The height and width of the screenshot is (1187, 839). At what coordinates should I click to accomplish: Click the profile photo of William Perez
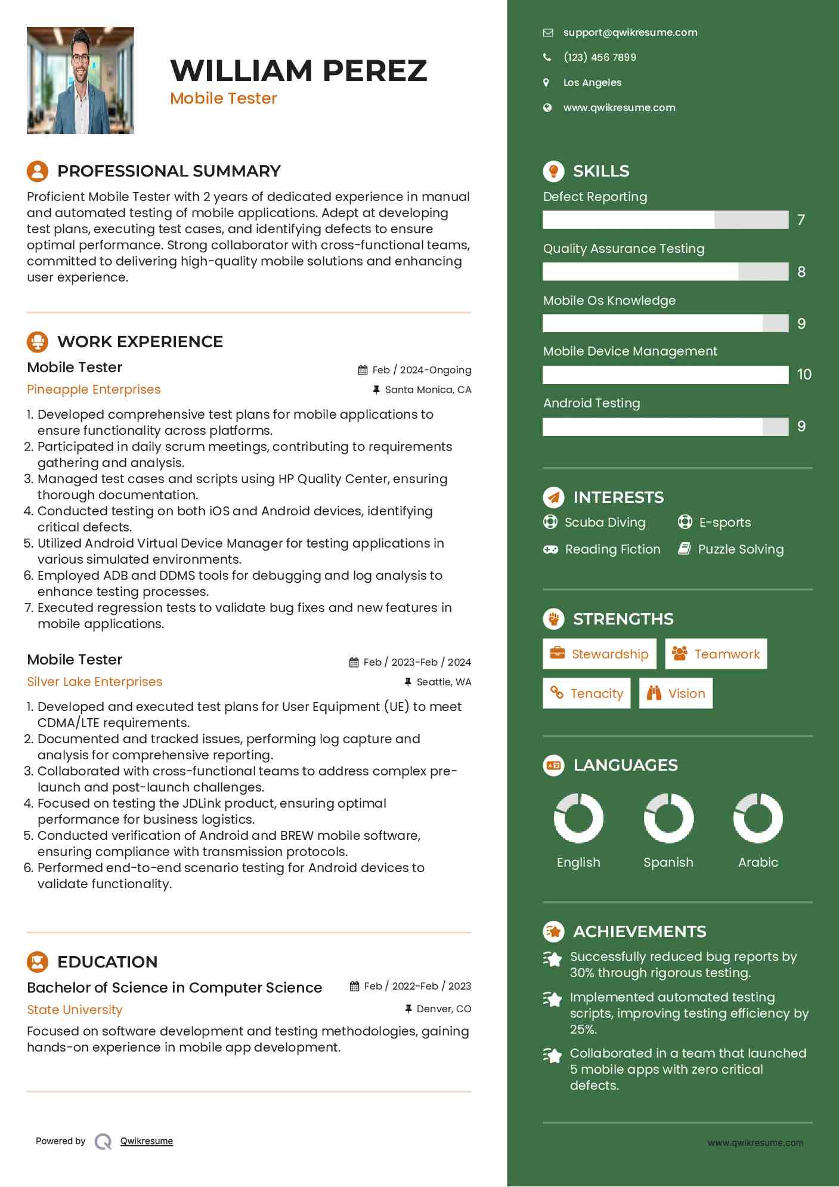(x=81, y=81)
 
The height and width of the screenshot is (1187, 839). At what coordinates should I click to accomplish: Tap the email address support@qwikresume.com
(x=630, y=33)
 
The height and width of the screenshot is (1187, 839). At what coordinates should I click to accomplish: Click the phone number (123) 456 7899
(x=599, y=57)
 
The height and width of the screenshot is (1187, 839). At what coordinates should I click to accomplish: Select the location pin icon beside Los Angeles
(x=546, y=82)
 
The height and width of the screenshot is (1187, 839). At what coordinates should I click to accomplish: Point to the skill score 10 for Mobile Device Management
(x=804, y=375)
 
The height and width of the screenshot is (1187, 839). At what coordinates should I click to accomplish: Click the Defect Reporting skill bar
(x=665, y=220)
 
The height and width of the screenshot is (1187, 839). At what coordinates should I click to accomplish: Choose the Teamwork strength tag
(x=716, y=654)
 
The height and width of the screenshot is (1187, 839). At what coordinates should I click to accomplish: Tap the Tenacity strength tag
(x=586, y=693)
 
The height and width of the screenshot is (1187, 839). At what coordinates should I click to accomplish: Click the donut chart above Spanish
(x=668, y=818)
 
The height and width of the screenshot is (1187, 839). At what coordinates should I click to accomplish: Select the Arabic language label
(x=758, y=863)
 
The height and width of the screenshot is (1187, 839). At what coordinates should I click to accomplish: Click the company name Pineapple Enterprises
(x=94, y=390)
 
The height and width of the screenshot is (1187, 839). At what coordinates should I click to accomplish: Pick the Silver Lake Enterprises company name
(x=94, y=682)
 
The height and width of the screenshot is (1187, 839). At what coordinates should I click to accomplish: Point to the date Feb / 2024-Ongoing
(x=421, y=370)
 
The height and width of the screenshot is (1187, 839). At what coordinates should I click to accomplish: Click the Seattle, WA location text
(x=444, y=682)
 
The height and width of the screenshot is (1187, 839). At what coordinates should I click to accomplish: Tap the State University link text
(x=75, y=1010)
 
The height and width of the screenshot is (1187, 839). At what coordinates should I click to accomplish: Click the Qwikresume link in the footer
(x=147, y=1141)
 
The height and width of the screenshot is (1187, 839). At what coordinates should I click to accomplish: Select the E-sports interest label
(x=725, y=523)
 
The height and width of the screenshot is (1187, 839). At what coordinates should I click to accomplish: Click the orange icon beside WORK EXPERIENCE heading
(x=38, y=342)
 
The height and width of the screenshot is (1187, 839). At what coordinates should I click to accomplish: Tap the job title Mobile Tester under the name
(x=224, y=98)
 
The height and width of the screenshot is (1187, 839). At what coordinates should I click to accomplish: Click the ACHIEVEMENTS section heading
(x=639, y=931)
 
